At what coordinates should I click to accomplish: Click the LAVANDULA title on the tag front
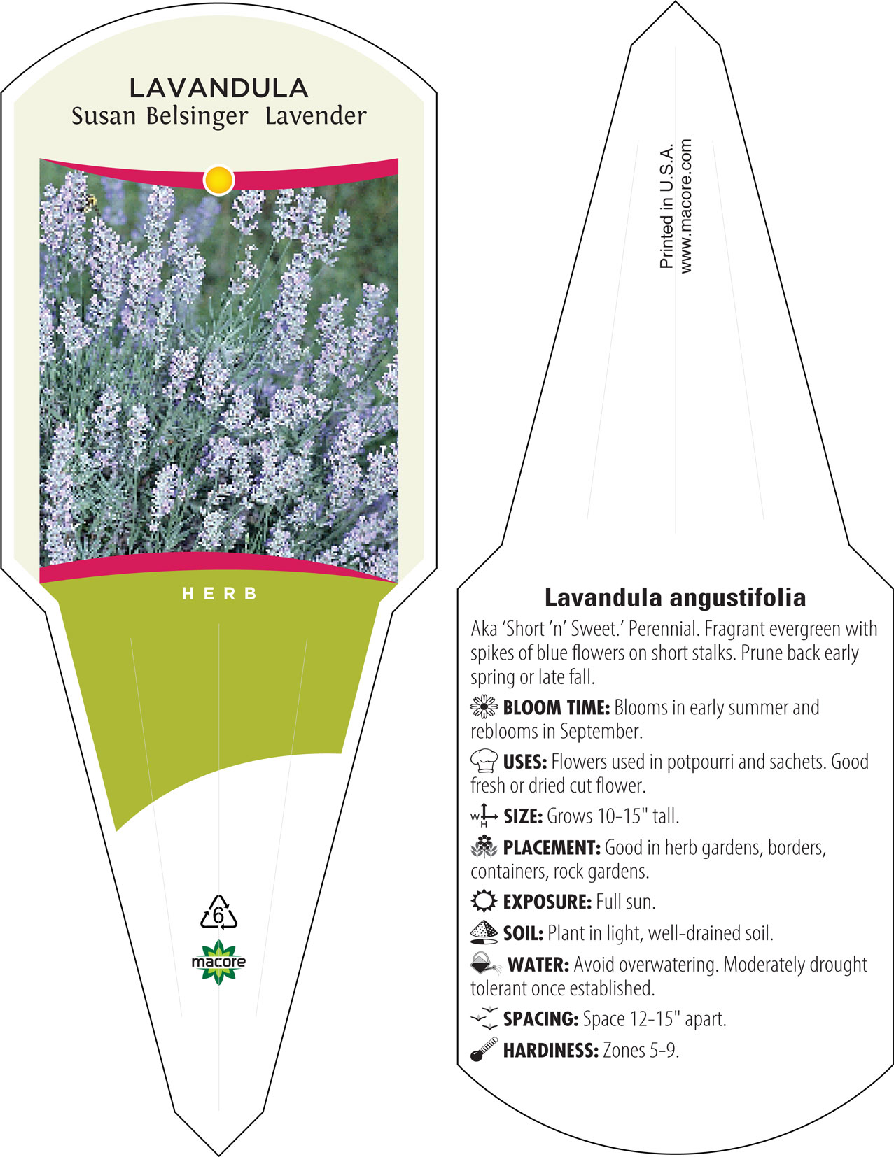pos(218,88)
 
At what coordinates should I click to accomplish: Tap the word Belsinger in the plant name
pos(197,117)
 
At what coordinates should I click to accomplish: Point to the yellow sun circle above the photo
pos(218,180)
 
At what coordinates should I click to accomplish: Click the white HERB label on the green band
pos(220,593)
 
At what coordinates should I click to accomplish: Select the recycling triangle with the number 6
pos(218,913)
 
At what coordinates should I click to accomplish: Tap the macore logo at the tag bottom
pos(218,962)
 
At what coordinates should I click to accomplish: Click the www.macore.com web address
pos(685,206)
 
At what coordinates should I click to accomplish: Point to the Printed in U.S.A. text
pos(666,206)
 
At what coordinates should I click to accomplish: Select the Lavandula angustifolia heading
pos(675,597)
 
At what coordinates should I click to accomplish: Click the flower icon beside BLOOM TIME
pos(484,707)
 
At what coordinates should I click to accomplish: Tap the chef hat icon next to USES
pos(484,760)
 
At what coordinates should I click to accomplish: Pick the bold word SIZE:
pos(523,816)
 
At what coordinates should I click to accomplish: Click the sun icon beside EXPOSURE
pos(484,901)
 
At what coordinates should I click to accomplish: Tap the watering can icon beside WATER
pos(485,963)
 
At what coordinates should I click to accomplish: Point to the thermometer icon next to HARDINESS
pos(484,1049)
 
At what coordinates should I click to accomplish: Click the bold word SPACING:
pos(540,1018)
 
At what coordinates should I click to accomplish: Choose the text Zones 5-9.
pos(641,1050)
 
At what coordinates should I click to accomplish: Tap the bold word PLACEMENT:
pos(552,847)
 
